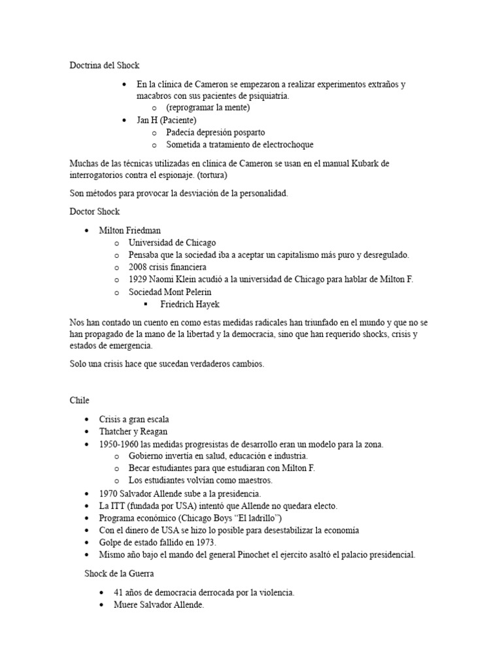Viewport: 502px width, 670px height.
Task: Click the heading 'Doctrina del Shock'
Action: (x=105, y=65)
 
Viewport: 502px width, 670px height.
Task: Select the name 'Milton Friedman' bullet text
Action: (x=129, y=230)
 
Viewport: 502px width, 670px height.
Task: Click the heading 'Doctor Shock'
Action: (x=95, y=211)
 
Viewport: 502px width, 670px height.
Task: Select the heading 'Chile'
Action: (x=80, y=400)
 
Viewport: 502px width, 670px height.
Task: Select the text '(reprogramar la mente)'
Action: (x=208, y=108)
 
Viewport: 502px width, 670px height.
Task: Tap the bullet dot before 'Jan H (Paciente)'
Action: (x=125, y=120)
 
